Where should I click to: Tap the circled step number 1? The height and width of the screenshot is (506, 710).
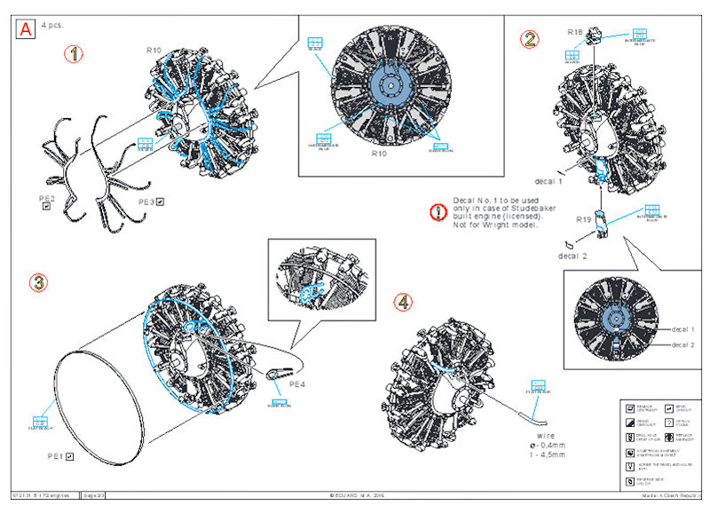pyautogui.click(x=74, y=53)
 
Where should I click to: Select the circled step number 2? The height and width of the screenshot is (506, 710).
pyautogui.click(x=530, y=38)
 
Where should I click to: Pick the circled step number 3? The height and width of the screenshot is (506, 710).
pyautogui.click(x=38, y=282)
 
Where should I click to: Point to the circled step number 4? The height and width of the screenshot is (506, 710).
pyautogui.click(x=404, y=303)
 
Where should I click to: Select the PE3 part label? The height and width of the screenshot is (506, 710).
pyautogui.click(x=146, y=202)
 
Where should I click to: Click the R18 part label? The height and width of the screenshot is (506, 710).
pyautogui.click(x=575, y=32)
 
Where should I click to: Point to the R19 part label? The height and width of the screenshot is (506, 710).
pyautogui.click(x=583, y=219)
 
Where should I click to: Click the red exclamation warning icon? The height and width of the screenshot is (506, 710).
pyautogui.click(x=437, y=212)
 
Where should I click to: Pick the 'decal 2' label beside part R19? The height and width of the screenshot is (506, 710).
pyautogui.click(x=574, y=256)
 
